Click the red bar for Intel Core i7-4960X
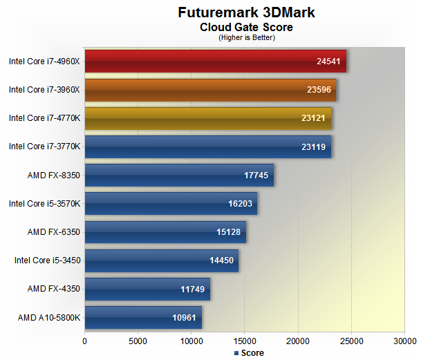point(215,61)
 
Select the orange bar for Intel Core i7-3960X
point(210,89)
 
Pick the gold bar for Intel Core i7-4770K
point(207,118)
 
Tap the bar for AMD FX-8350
point(179,175)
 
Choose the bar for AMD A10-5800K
point(143,317)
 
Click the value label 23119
point(313,146)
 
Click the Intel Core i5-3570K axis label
point(44,203)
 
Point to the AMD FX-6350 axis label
point(54,231)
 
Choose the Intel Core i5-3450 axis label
point(47,260)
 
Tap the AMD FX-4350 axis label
point(54,289)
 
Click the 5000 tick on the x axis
point(138,340)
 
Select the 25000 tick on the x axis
point(351,340)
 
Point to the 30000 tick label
point(404,340)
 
